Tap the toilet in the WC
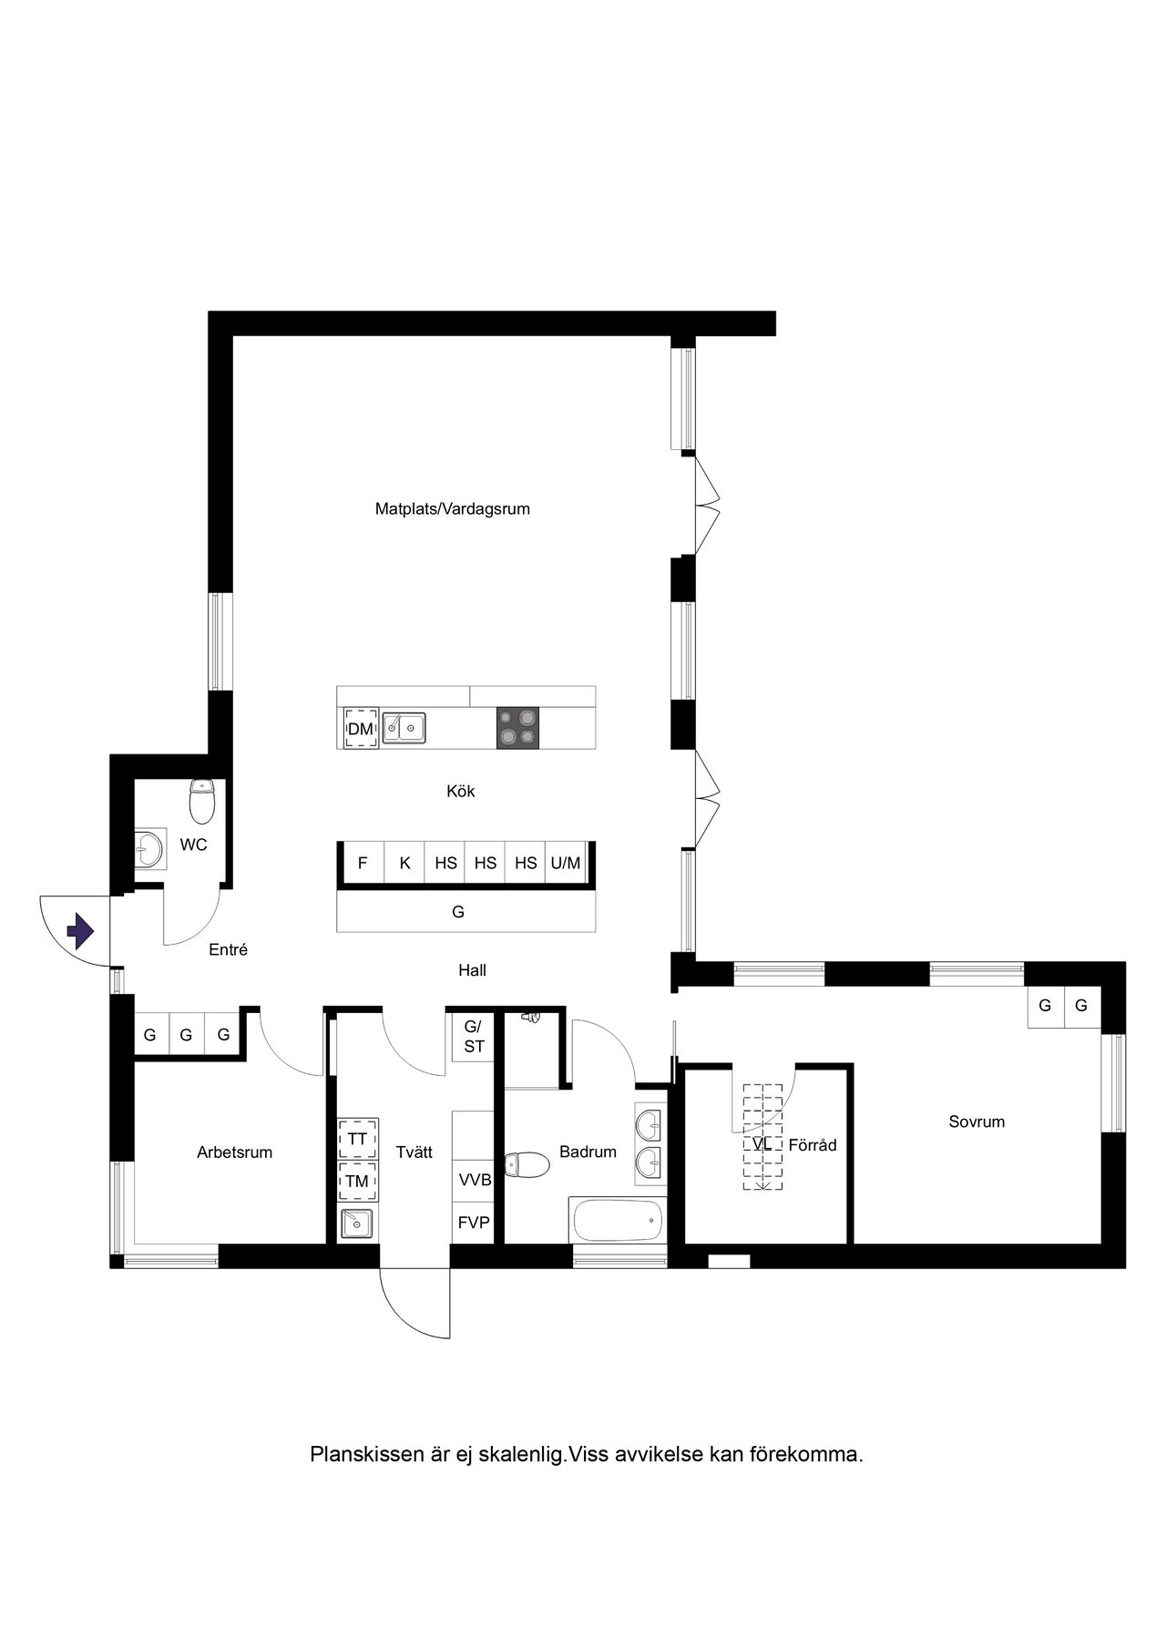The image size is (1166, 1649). pos(201,801)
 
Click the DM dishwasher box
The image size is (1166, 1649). pos(361,729)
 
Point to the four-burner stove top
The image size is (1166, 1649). pos(517,728)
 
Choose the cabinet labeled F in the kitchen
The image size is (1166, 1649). pos(363,862)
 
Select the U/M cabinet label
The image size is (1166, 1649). pos(566,862)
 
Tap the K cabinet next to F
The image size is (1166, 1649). pos(404,862)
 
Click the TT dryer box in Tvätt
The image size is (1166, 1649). pos(358,1139)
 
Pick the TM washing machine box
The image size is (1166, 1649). pos(358,1182)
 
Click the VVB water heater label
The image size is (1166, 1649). pos(475,1181)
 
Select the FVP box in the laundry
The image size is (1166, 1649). pos(474,1223)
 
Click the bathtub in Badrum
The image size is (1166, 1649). pos(618,1220)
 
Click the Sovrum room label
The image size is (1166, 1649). pos(977,1122)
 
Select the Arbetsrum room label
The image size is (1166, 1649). pos(235,1152)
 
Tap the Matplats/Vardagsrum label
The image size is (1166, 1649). pos(453,509)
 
